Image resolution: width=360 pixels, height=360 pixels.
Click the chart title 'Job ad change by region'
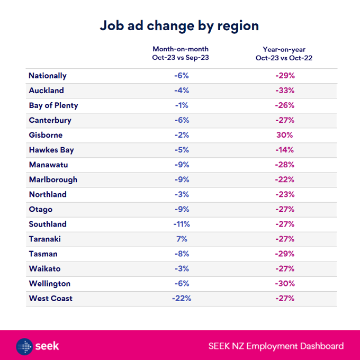point(179,25)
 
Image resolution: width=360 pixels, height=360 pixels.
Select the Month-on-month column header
point(181,53)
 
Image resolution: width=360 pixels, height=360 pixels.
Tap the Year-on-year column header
point(284,53)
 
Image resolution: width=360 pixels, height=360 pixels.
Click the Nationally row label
point(48,76)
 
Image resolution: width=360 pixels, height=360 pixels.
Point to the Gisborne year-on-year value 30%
point(284,135)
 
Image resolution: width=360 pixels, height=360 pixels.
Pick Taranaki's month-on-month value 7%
point(181,239)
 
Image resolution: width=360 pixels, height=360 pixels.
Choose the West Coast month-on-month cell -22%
point(181,298)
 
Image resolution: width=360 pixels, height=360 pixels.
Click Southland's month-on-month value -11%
point(181,224)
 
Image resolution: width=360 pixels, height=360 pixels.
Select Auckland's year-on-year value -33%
point(284,91)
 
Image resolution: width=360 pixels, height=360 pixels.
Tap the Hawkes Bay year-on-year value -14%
point(284,150)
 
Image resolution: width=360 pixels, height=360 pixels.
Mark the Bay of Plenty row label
point(53,105)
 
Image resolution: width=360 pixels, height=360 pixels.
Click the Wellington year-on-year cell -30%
point(284,283)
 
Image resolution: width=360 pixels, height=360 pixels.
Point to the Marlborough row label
point(53,179)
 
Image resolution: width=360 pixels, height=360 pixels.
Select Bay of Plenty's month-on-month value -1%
point(181,105)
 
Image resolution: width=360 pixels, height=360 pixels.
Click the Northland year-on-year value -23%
point(284,194)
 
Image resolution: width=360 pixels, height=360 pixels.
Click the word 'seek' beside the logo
point(48,347)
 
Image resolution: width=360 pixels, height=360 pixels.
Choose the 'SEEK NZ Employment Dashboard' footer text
point(276,347)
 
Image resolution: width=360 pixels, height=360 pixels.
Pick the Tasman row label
point(43,254)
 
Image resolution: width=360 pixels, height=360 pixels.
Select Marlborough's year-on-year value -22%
point(284,179)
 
